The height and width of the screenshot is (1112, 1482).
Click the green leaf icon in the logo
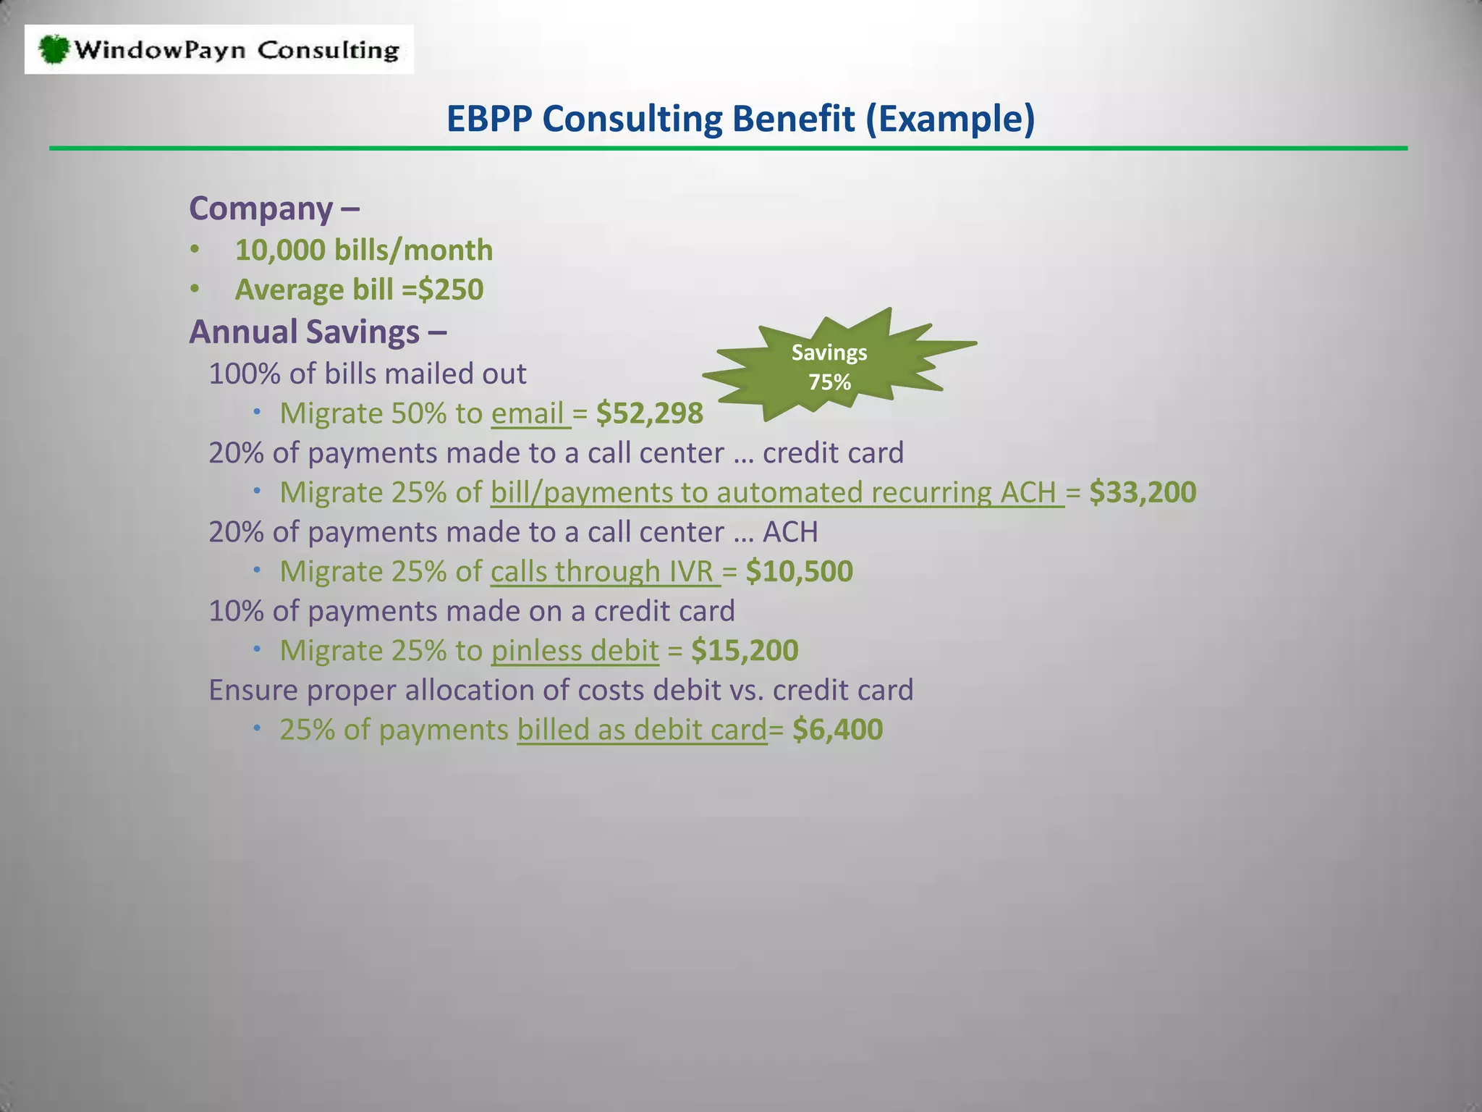pyautogui.click(x=54, y=49)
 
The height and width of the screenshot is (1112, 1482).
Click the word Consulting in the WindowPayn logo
pyautogui.click(x=328, y=50)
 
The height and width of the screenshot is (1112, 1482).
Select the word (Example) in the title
pyautogui.click(x=951, y=119)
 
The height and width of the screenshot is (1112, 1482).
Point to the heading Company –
pyautogui.click(x=274, y=208)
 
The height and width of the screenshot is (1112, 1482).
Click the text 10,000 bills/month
pyautogui.click(x=364, y=250)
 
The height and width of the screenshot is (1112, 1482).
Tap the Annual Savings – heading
pyautogui.click(x=318, y=332)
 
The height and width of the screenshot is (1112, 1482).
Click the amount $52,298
pyautogui.click(x=649, y=413)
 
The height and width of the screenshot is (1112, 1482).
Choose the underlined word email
pyautogui.click(x=528, y=413)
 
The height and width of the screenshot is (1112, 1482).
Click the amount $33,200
pyautogui.click(x=1143, y=492)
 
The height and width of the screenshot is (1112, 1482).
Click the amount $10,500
pyautogui.click(x=799, y=571)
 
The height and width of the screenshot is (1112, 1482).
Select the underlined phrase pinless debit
pyautogui.click(x=575, y=650)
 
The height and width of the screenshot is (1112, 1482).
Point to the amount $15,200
pyautogui.click(x=745, y=650)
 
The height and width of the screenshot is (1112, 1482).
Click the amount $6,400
pyautogui.click(x=837, y=729)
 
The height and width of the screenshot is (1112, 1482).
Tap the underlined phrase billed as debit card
pyautogui.click(x=642, y=729)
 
